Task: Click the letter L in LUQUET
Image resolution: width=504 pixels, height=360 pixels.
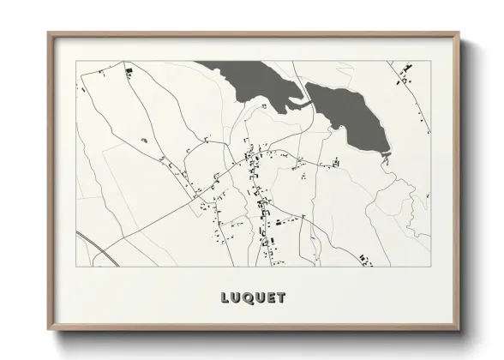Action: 226,298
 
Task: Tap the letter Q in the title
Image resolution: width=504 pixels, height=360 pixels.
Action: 248,298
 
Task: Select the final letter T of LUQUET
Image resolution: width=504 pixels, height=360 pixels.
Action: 281,298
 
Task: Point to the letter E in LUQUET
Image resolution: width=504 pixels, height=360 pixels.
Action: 271,298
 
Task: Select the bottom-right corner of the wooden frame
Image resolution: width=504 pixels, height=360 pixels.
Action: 459,330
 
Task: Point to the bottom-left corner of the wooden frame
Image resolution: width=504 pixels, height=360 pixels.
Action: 49,330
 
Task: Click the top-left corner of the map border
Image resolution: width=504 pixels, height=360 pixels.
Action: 76,61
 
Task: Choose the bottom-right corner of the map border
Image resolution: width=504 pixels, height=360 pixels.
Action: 430,266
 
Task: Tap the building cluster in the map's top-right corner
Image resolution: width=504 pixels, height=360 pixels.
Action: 403,80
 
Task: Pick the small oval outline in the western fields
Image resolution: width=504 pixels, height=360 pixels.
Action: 143,138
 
